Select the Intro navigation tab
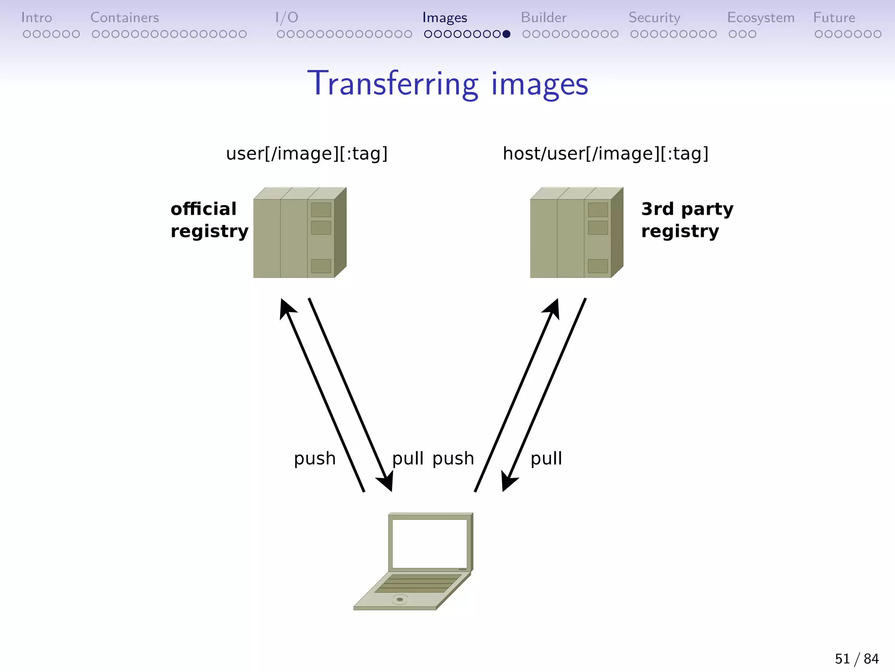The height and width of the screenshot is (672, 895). [x=37, y=17]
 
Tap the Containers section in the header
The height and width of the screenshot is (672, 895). [x=125, y=17]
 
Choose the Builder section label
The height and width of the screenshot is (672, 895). [x=544, y=17]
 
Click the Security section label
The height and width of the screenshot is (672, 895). [x=654, y=17]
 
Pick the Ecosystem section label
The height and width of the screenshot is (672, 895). [x=760, y=17]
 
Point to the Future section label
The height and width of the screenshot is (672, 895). [x=834, y=17]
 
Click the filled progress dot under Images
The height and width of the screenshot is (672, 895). [x=506, y=34]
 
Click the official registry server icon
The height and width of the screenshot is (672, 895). [x=300, y=233]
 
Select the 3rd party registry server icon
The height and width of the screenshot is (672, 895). [x=576, y=233]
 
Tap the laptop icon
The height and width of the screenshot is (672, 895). [x=413, y=562]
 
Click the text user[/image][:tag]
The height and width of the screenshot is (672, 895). [x=307, y=154]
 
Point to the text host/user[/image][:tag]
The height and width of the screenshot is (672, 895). [x=605, y=154]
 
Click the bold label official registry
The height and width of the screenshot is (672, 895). [x=209, y=220]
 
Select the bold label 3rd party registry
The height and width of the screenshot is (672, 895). [x=687, y=220]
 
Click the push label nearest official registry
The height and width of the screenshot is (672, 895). [x=315, y=458]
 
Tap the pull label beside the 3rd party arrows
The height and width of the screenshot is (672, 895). [x=546, y=458]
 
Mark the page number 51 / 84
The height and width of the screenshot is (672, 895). [x=857, y=658]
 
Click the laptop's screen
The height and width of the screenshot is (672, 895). [x=430, y=543]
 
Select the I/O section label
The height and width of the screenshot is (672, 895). [x=287, y=17]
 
